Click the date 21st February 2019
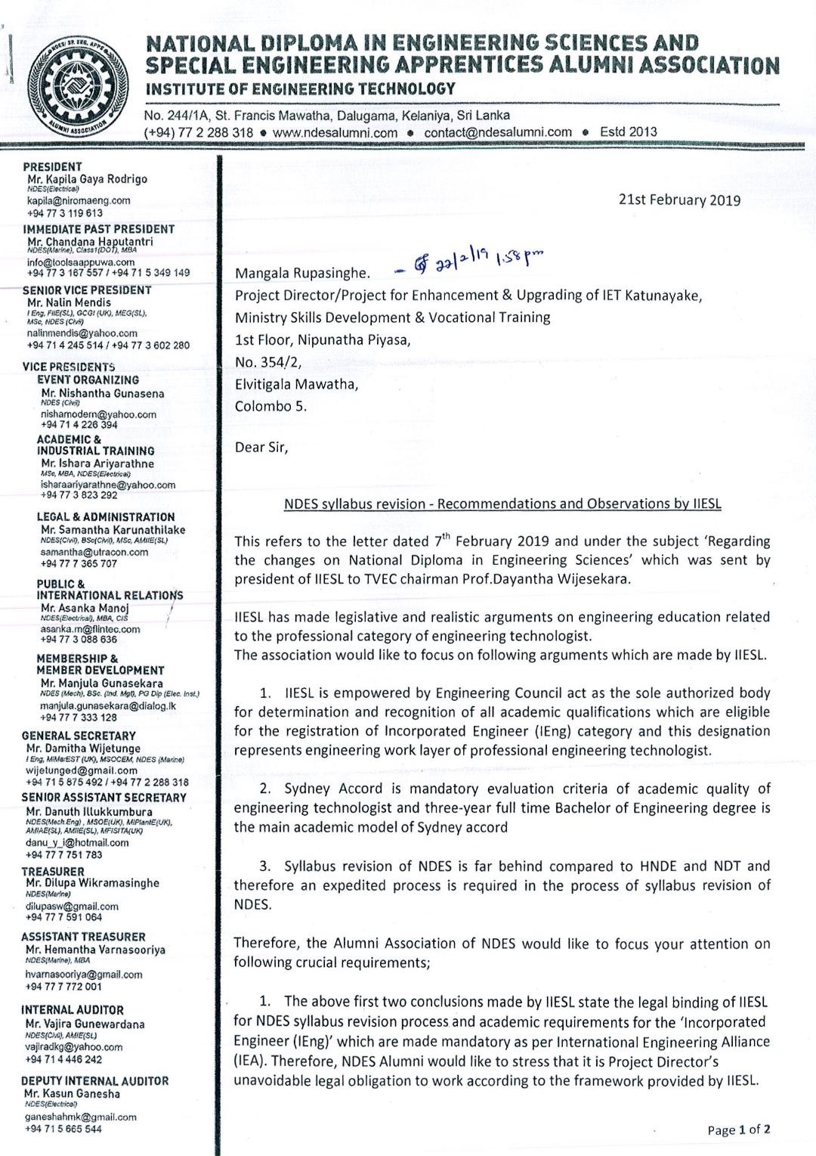(679, 200)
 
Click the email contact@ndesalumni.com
(498, 132)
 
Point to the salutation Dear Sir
(261, 447)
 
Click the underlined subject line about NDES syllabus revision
(502, 504)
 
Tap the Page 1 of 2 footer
(739, 1130)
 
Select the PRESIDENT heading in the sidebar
(52, 166)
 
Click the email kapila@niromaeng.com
(79, 201)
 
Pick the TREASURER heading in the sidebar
(53, 872)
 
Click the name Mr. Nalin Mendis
(69, 302)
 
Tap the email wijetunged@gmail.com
(82, 770)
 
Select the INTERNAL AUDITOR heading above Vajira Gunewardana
(72, 1010)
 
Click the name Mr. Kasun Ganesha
(72, 1093)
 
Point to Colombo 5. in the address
(270, 406)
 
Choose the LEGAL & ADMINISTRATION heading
(106, 517)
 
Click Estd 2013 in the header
(628, 132)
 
